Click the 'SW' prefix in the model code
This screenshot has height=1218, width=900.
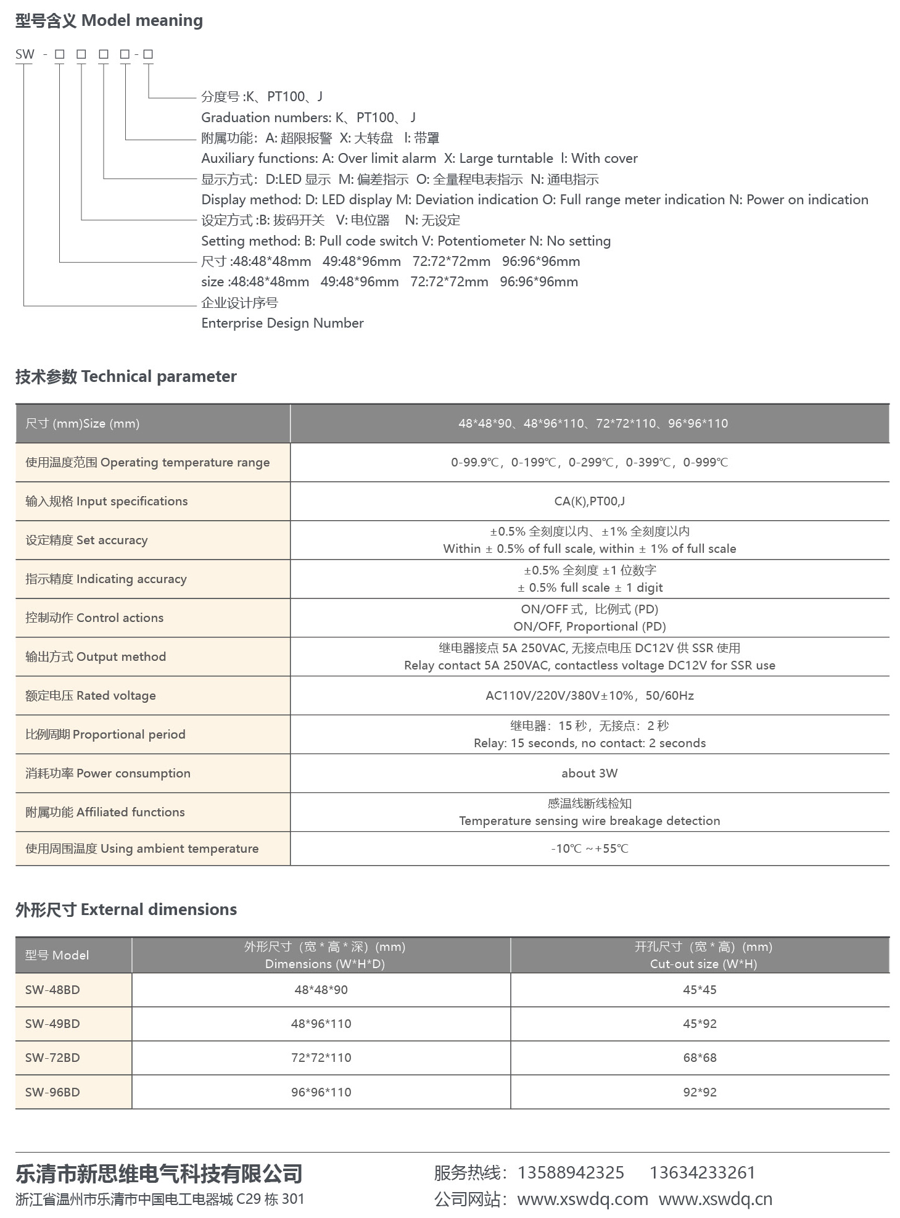(25, 54)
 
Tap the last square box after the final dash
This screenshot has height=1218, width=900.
(148, 54)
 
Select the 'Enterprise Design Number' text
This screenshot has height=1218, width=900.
(283, 323)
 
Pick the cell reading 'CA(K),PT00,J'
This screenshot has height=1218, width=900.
(589, 501)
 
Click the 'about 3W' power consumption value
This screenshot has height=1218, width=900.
(589, 773)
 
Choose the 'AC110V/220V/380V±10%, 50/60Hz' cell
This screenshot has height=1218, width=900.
(589, 695)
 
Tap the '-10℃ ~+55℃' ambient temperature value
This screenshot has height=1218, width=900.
(589, 848)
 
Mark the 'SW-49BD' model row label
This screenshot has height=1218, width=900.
(52, 1024)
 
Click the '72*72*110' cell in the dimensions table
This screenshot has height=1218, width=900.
(321, 1058)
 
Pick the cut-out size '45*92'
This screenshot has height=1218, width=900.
(700, 1024)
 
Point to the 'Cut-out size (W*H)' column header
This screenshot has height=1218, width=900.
(703, 964)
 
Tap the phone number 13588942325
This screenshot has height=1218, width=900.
(571, 1172)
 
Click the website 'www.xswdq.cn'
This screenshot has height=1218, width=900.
(715, 1199)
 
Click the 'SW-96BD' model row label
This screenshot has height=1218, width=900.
(52, 1092)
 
